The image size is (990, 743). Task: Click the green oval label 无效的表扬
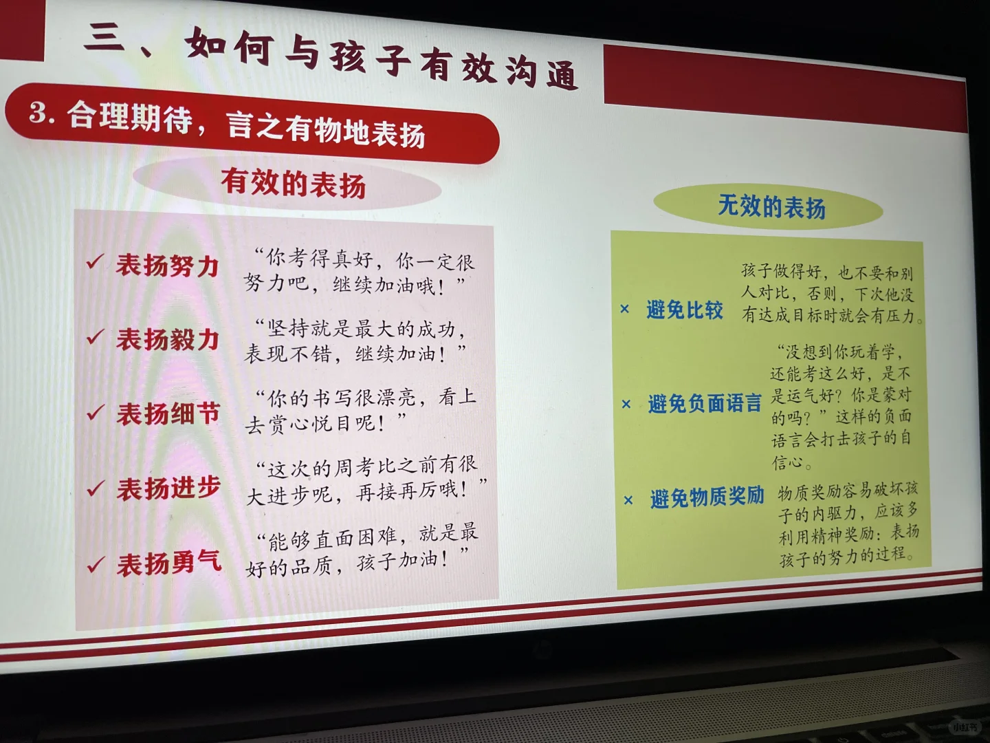pyautogui.click(x=771, y=206)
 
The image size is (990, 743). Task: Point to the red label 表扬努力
pyautogui.click(x=167, y=266)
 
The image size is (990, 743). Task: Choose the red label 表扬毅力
pyautogui.click(x=167, y=339)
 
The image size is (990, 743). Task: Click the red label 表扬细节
pyautogui.click(x=168, y=414)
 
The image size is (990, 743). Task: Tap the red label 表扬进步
pyautogui.click(x=168, y=488)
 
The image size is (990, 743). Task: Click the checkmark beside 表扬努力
pyautogui.click(x=94, y=262)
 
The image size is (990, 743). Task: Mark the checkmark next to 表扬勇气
pyautogui.click(x=95, y=565)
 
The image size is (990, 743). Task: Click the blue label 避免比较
pyautogui.click(x=684, y=310)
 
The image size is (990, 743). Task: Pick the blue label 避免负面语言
pyautogui.click(x=704, y=403)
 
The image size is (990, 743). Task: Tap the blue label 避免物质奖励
pyautogui.click(x=707, y=497)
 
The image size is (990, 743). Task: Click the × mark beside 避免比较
pyautogui.click(x=624, y=310)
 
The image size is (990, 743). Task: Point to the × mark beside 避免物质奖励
pyautogui.click(x=628, y=500)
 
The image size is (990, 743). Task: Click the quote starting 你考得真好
pyautogui.click(x=359, y=272)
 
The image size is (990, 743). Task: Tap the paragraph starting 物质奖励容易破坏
pyautogui.click(x=848, y=524)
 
